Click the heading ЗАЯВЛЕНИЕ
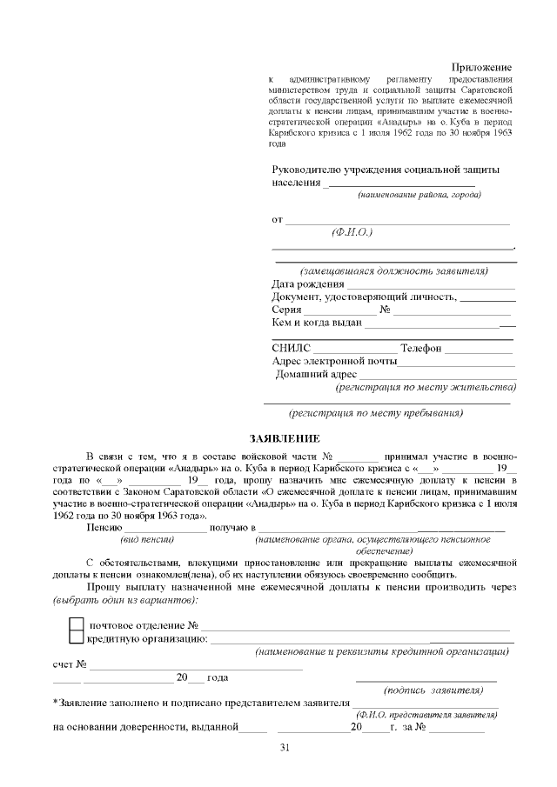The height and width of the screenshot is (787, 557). (285, 437)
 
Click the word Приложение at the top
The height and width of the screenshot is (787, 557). (481, 68)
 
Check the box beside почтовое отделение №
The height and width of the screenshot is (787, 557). (77, 625)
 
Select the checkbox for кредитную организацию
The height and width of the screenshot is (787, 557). (77, 639)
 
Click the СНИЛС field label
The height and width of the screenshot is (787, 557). (291, 349)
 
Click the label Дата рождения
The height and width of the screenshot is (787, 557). (308, 283)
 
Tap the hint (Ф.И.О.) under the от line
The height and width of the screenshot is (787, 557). (352, 233)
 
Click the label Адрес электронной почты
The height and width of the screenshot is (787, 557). (334, 361)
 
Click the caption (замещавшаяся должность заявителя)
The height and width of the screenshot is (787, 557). (393, 270)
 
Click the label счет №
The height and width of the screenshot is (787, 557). (69, 664)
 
